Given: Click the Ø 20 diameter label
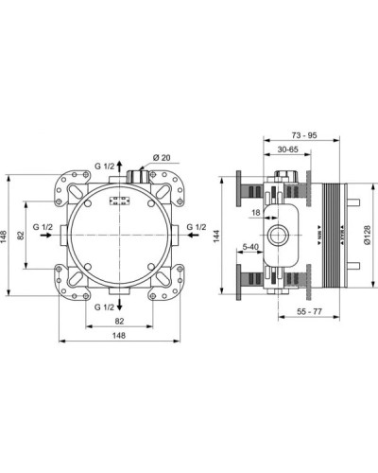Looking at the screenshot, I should point(161,158).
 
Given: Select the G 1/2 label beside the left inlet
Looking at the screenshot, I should point(42,227).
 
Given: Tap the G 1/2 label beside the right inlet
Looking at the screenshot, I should point(197,227).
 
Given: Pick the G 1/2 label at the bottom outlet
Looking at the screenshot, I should point(105,307).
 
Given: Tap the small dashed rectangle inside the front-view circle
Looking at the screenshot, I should point(120,200).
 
